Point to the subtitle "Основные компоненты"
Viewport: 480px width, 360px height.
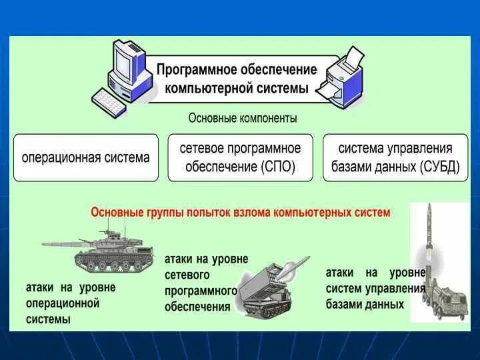click(242, 118)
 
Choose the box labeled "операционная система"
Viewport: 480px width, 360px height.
click(86, 158)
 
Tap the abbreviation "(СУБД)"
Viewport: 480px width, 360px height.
click(440, 166)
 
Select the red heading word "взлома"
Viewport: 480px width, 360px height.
click(251, 212)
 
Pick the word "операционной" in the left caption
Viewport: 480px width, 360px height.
click(62, 303)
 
